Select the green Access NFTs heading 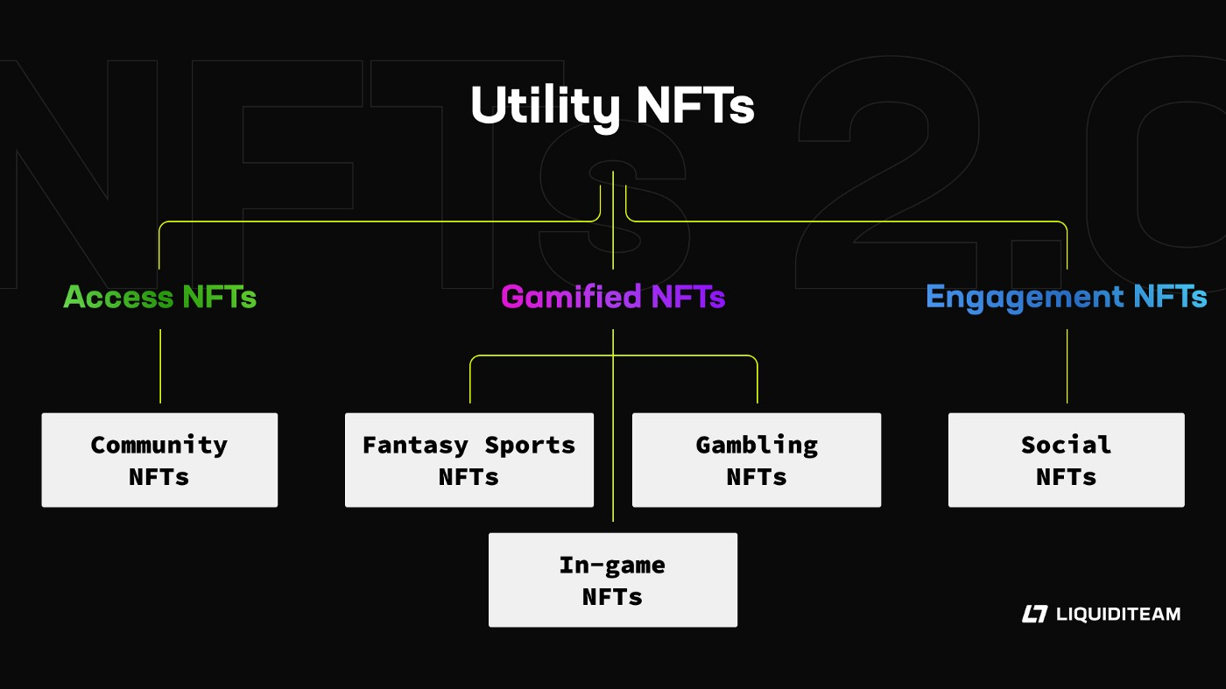point(159,297)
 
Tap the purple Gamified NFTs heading point(613,297)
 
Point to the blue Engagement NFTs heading point(1067,298)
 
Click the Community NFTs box point(159,461)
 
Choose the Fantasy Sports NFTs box point(469,461)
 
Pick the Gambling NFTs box point(757,461)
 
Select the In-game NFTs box point(613,580)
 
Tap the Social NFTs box point(1067,461)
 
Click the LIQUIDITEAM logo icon point(1034,614)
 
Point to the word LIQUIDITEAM point(1118,614)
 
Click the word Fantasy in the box point(415,446)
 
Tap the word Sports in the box point(530,446)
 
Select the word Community point(159,446)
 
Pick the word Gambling point(757,446)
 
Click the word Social point(1067,445)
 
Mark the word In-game point(612,566)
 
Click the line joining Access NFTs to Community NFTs point(160,366)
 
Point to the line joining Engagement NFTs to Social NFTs point(1067,366)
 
